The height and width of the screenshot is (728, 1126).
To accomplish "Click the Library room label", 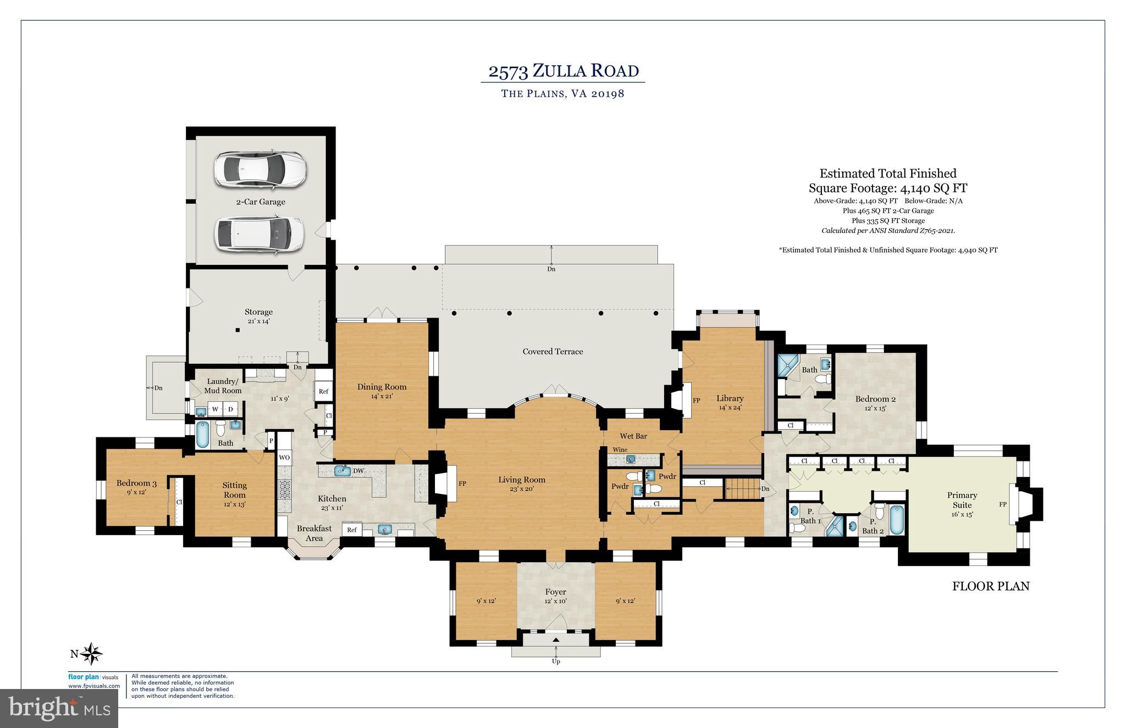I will point(730,398).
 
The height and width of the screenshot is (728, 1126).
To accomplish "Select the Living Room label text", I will point(522,480).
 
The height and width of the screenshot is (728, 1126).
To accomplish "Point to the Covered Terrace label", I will point(553,352).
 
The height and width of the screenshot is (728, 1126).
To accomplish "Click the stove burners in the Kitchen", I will point(285,488).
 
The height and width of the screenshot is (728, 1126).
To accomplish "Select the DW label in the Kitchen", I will point(358,471).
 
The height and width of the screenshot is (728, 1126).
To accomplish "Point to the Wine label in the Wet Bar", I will point(620,449).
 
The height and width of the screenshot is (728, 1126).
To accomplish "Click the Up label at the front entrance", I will point(556,662).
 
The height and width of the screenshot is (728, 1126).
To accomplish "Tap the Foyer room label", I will point(555,592).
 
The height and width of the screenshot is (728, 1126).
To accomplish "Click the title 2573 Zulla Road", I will point(563,71).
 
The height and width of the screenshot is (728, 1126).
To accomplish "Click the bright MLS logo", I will point(59,708).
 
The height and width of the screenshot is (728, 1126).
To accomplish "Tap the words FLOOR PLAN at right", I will point(990,586).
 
